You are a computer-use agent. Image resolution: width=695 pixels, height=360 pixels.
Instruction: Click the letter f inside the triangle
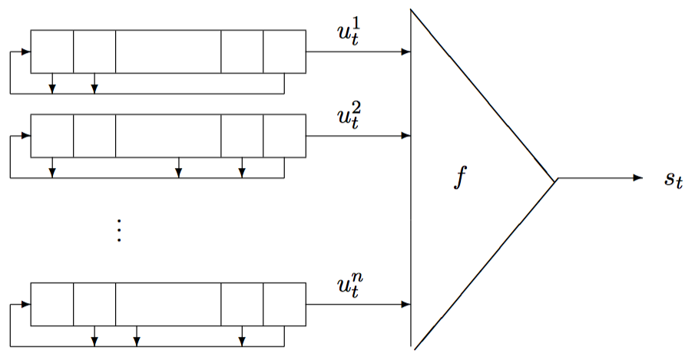(x=460, y=178)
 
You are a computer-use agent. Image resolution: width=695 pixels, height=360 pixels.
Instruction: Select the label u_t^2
(x=346, y=120)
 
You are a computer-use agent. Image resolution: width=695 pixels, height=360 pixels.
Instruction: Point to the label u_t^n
(x=346, y=288)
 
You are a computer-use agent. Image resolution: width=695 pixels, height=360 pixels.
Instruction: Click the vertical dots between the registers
(x=119, y=230)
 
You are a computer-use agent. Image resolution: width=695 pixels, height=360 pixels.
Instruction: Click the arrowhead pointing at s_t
(x=637, y=178)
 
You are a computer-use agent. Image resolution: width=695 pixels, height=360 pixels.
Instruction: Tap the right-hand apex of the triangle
(x=555, y=180)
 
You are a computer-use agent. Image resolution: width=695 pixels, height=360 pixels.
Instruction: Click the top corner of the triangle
(x=412, y=10)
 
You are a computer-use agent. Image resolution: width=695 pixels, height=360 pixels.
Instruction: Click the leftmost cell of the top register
(x=52, y=51)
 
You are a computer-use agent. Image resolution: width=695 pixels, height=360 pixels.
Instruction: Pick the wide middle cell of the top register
(x=168, y=51)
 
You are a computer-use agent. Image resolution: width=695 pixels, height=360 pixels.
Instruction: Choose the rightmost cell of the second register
(x=284, y=136)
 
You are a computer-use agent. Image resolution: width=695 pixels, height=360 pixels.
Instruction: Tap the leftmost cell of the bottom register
(x=52, y=305)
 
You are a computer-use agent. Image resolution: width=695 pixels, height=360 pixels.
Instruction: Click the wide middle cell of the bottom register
(x=168, y=305)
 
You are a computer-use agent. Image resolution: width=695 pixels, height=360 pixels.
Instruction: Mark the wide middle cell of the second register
(x=168, y=136)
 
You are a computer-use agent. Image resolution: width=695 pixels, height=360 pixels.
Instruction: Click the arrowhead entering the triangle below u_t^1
(x=405, y=52)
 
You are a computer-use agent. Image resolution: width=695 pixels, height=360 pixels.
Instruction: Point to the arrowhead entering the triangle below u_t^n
(x=405, y=306)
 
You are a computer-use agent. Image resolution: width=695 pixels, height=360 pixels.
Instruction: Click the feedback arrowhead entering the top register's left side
(x=26, y=52)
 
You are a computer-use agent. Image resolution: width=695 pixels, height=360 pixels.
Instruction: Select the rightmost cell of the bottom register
(x=284, y=305)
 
